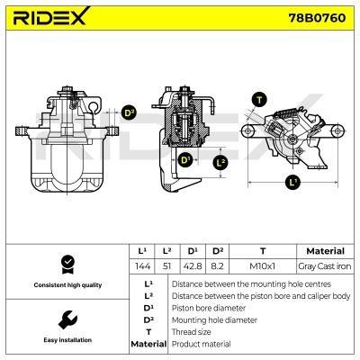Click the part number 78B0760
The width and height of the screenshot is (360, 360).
(317, 20)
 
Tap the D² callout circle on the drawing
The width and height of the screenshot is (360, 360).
(129, 113)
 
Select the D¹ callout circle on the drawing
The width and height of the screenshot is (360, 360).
(184, 161)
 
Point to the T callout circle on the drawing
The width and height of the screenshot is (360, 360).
(261, 101)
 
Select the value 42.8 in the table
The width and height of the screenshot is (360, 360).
(192, 267)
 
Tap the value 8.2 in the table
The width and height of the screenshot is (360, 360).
(217, 267)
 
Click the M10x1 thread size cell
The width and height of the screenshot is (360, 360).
(262, 267)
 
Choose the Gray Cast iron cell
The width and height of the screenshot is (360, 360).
(325, 267)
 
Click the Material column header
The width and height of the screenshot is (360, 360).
(325, 251)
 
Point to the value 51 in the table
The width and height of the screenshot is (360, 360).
(166, 267)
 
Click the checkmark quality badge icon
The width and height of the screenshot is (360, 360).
(66, 264)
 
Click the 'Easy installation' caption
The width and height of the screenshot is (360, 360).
(66, 341)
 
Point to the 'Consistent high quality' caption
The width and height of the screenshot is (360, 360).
(66, 285)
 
